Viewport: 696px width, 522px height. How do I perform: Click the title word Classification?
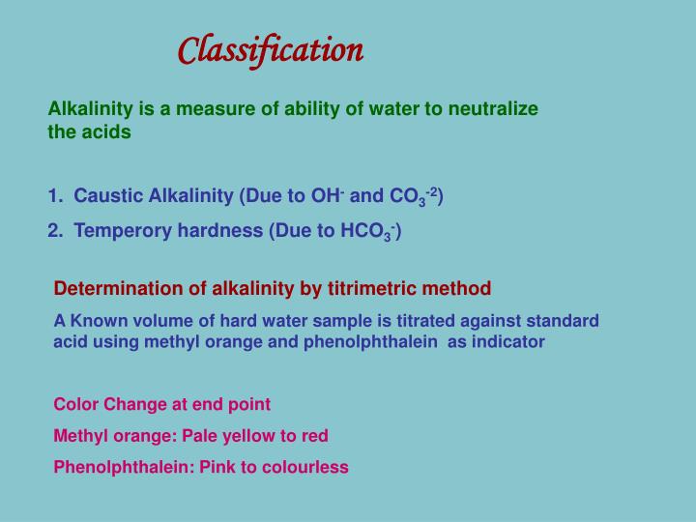[x=271, y=49]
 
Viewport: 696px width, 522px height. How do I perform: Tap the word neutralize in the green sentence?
[x=493, y=109]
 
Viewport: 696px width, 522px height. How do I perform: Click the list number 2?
[x=54, y=230]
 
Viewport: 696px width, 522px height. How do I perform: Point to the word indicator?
[x=509, y=341]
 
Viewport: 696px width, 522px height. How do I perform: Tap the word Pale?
[x=201, y=436]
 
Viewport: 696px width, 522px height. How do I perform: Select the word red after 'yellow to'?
[x=314, y=436]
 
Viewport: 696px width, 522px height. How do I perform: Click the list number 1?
[x=54, y=196]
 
